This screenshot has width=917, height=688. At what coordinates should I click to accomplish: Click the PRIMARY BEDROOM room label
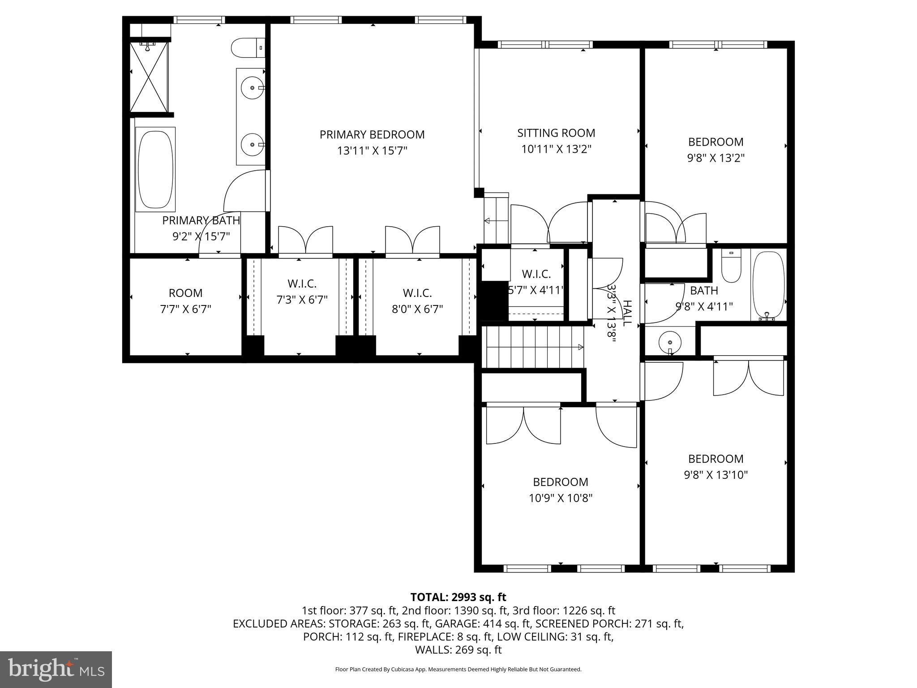tap(372, 134)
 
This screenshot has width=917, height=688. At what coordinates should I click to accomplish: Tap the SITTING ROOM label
tap(556, 133)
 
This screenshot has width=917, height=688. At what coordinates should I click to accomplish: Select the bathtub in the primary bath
tap(155, 169)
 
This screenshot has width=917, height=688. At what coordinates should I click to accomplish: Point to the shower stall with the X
tap(149, 77)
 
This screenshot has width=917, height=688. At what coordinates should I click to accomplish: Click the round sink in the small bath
tap(668, 343)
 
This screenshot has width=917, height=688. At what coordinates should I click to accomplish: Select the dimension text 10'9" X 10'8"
tap(560, 498)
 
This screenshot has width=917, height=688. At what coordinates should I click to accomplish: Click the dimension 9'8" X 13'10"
tap(716, 475)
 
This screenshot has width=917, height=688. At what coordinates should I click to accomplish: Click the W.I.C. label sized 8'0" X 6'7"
tap(417, 293)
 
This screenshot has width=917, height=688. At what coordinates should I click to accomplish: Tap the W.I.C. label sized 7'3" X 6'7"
tap(302, 284)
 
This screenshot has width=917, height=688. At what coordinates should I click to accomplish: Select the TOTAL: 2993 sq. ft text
tap(458, 597)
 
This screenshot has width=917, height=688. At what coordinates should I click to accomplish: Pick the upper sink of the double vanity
tap(252, 88)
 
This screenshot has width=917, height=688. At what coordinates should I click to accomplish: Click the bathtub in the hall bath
tap(768, 285)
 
